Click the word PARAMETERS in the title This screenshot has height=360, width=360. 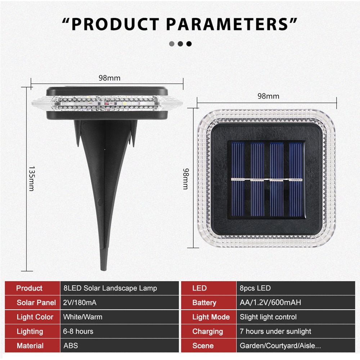pos(227,24)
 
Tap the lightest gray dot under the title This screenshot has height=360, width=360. pos(171,44)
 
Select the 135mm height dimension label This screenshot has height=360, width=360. pos(31,179)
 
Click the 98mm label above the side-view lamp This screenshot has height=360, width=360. pos(109,78)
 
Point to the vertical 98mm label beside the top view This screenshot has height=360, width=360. pos(186,179)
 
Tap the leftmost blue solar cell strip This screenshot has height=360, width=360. pos(238,179)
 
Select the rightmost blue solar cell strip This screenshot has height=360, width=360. pos(296,179)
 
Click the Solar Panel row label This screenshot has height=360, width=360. pos(36,303)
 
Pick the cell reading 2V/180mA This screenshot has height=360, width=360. pos(80,303)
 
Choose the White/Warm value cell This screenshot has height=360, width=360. pos(83,317)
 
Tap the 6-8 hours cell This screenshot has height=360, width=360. pos(78,331)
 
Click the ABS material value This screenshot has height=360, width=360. pos(71,346)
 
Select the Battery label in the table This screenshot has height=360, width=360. pos(204,303)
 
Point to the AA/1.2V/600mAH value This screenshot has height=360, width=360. pos(270,303)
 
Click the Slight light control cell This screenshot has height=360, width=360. pos(268,317)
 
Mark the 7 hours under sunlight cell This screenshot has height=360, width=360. pos(275,331)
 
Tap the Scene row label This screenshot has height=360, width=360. pos(203,346)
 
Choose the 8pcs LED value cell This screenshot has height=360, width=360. pos(255,288)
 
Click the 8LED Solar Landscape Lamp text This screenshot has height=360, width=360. pos(110,288)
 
